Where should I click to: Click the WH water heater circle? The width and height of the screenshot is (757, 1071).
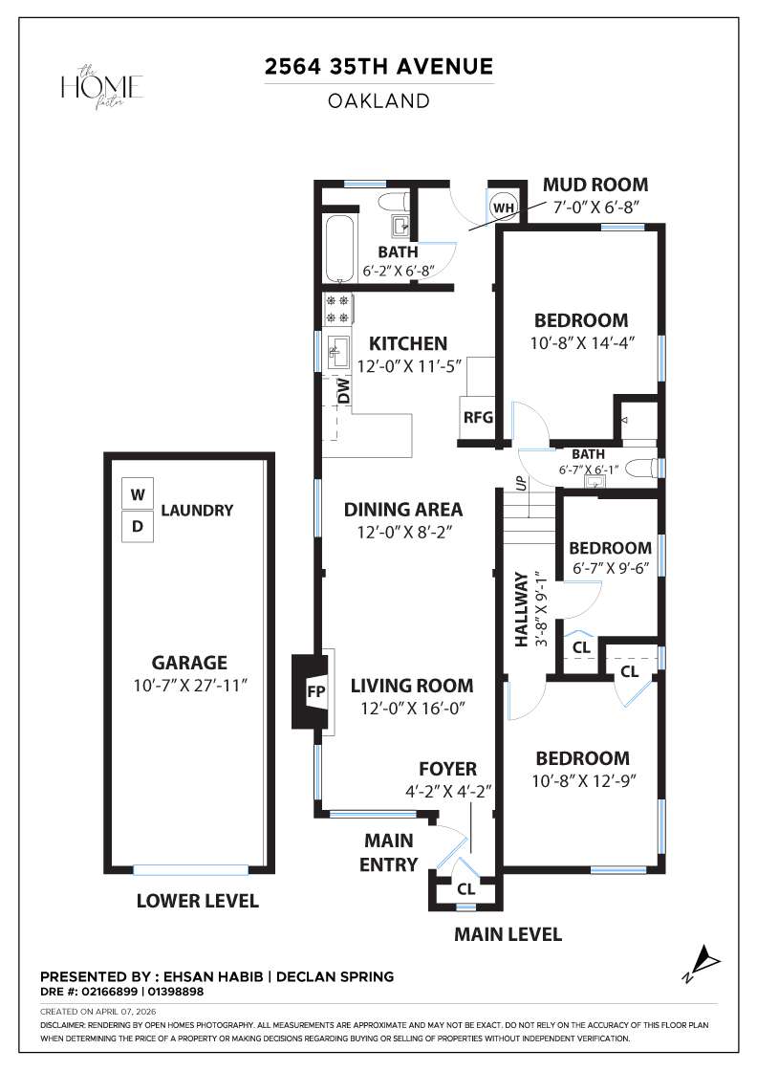(x=504, y=207)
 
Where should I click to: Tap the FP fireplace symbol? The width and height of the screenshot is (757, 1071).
(x=313, y=691)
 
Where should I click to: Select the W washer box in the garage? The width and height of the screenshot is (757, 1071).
(x=139, y=495)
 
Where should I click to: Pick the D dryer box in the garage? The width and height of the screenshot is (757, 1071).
(x=139, y=526)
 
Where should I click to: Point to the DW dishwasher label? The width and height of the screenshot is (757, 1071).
(x=341, y=390)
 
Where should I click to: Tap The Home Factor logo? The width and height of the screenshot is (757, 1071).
(x=102, y=87)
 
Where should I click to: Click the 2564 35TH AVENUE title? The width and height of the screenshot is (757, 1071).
(x=378, y=67)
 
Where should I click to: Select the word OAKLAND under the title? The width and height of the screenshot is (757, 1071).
(x=378, y=100)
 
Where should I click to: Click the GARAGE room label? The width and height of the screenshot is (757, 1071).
(x=189, y=662)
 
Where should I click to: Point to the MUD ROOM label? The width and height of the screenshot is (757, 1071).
(x=595, y=185)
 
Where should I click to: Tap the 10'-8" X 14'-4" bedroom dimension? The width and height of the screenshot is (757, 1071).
(x=581, y=341)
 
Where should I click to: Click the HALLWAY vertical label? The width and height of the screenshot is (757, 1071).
(x=522, y=609)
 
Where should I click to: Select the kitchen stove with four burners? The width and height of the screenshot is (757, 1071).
(x=337, y=308)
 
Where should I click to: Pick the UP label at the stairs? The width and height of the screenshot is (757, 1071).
(x=521, y=483)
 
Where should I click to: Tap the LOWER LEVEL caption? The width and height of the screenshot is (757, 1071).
(x=197, y=901)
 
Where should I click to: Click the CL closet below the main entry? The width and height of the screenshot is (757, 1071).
(x=465, y=889)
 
